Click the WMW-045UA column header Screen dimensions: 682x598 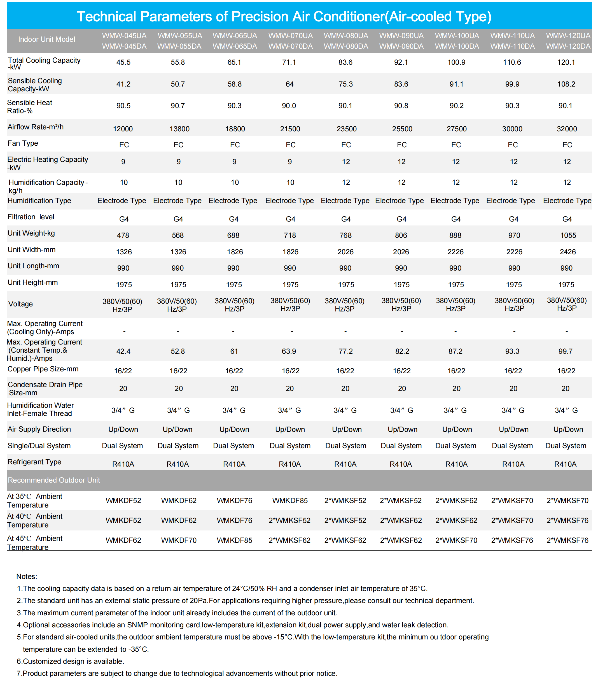tap(124, 36)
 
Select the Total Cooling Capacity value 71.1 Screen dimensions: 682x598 tap(289, 62)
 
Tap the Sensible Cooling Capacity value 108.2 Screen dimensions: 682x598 tap(566, 84)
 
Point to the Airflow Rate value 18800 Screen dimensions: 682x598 tap(235, 129)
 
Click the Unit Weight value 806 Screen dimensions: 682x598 tap(401, 236)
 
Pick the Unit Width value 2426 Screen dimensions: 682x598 tap(568, 252)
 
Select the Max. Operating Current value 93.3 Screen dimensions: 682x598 tap(512, 351)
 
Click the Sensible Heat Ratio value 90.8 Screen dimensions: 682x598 tap(401, 106)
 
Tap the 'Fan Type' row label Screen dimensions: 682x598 tap(23, 143)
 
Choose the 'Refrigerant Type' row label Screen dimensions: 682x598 tap(34, 462)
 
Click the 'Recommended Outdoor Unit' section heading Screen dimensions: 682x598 tap(54, 480)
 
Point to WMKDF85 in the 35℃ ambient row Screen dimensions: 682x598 tap(290, 501)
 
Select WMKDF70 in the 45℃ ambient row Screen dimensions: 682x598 tap(179, 540)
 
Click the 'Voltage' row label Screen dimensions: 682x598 tap(20, 304)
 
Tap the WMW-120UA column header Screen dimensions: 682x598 tap(568, 36)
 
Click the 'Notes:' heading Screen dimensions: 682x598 tap(27, 577)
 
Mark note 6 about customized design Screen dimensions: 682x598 tap(70, 661)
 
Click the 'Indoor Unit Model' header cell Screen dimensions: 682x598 tap(47, 39)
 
